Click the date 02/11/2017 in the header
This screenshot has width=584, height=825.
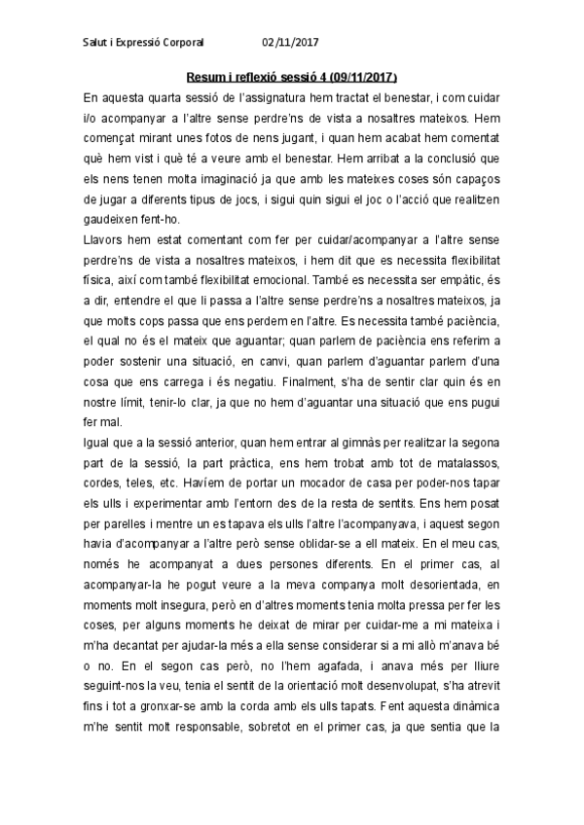pos(290,43)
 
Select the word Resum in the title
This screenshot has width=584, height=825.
pos(206,77)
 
